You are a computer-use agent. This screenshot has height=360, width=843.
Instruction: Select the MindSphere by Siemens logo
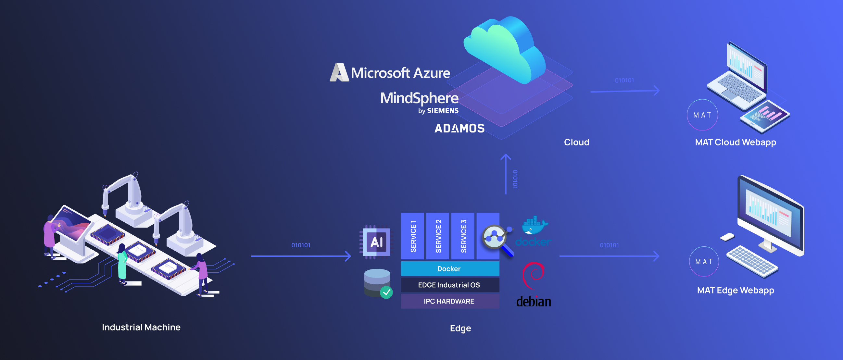click(420, 102)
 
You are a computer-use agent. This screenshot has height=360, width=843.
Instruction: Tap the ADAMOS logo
click(459, 128)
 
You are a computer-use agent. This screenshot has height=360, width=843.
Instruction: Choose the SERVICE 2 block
click(438, 236)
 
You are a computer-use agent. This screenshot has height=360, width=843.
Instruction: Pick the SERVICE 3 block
click(463, 236)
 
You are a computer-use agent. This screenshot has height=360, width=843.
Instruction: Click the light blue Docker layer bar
click(450, 269)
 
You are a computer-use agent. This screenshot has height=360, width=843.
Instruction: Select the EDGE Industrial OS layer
click(450, 285)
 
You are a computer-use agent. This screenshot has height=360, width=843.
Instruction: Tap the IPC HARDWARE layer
click(450, 301)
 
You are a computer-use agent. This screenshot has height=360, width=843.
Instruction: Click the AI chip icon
click(376, 242)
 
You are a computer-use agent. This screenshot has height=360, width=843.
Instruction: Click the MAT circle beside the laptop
click(702, 115)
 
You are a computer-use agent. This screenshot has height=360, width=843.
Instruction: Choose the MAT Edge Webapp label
click(735, 290)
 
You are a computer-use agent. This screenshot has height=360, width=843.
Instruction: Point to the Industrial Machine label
click(141, 327)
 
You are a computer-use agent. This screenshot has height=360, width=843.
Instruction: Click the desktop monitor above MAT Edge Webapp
click(771, 216)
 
